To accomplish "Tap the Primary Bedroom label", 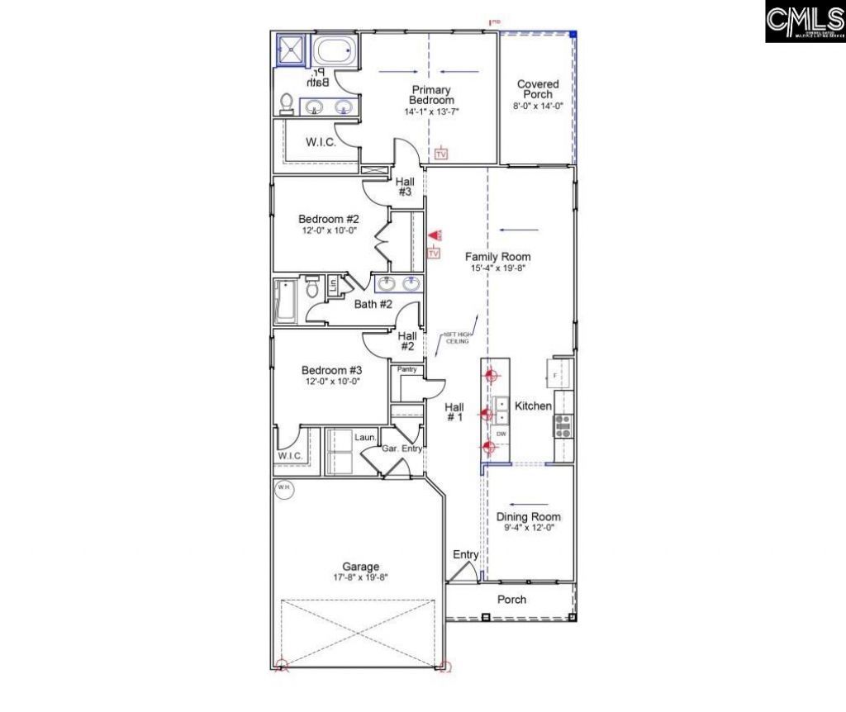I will [x=431, y=95].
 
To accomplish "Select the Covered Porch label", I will [x=538, y=89].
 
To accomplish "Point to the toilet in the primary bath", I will [x=287, y=102].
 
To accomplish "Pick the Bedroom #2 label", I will [x=329, y=219].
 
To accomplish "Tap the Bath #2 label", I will [x=373, y=304].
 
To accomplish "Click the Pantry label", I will [x=406, y=369].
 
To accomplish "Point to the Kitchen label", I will [x=533, y=406].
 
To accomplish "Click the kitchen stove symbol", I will [x=563, y=425].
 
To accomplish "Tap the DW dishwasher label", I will [x=501, y=434].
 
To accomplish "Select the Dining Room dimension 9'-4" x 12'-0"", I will [x=529, y=527].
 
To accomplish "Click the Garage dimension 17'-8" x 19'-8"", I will [x=361, y=578].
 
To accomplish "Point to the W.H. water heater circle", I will [x=284, y=488].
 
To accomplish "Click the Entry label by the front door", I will [x=465, y=555].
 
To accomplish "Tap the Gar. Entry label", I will [x=402, y=449].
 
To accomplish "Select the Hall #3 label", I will [x=405, y=186].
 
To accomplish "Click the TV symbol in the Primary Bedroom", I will [x=441, y=154].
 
